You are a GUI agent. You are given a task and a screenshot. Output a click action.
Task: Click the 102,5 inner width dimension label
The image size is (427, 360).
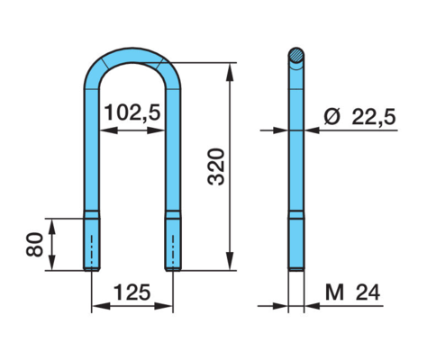tap(132, 112)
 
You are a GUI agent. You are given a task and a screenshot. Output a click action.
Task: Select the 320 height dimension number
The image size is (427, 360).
tap(216, 166)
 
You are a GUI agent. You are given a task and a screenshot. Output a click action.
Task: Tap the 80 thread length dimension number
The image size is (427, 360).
tap(34, 245)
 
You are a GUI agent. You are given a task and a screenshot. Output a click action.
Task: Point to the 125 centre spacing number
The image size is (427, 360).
tap(132, 292)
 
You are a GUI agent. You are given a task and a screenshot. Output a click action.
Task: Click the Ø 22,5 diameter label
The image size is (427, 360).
tap(359, 116)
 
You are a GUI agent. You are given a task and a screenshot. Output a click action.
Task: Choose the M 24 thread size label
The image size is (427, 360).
tap(353, 292)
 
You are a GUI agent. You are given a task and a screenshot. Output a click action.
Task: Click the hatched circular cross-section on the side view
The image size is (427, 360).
tap(296, 56)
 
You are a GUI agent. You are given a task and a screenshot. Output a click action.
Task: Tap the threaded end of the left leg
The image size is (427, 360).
tap(92, 245)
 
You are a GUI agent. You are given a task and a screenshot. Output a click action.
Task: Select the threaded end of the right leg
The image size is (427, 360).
tap(173, 245)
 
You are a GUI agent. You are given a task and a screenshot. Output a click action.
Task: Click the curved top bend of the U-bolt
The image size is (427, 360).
tap(132, 56)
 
